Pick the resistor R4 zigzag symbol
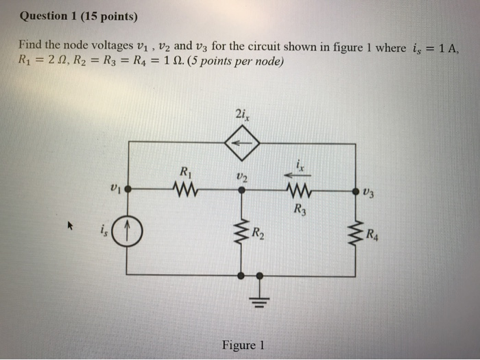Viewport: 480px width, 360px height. point(356,233)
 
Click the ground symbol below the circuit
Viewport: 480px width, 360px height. point(259,297)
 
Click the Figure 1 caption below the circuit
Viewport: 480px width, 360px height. point(242,345)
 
